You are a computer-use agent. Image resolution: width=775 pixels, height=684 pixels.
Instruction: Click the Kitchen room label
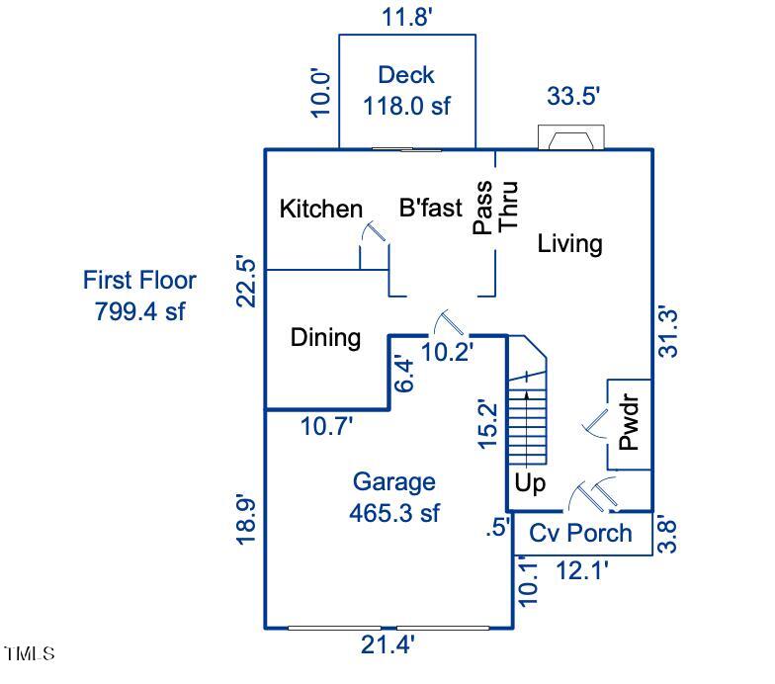point(321,209)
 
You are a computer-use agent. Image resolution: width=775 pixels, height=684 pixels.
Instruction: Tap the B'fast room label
point(430,209)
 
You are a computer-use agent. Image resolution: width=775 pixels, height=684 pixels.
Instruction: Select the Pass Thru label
point(495,207)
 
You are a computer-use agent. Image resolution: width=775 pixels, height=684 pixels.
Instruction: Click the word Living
point(569,243)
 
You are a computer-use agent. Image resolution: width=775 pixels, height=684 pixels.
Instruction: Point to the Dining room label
point(325,338)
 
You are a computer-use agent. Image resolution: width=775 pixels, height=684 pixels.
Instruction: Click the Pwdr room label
point(630,423)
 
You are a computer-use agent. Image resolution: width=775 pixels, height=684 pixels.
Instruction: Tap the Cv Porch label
point(580,533)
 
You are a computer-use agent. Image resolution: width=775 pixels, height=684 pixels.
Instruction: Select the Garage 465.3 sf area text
point(394,497)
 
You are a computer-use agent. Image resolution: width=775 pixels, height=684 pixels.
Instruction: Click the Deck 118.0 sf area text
point(406,90)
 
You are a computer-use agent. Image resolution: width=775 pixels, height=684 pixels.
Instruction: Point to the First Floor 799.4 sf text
point(139,296)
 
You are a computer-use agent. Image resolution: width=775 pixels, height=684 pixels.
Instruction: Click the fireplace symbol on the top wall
point(569,138)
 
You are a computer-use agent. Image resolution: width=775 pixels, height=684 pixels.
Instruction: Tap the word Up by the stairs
point(530,484)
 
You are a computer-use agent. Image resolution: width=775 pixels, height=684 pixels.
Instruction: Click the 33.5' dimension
point(573,96)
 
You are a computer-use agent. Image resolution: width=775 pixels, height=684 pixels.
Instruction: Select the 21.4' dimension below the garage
point(387,645)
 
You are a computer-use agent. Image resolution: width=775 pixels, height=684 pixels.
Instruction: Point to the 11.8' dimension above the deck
point(408,16)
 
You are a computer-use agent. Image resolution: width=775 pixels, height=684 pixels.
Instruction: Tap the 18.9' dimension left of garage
point(247,517)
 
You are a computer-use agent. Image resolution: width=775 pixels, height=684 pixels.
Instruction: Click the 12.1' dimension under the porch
point(581,570)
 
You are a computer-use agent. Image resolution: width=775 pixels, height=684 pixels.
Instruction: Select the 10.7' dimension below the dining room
point(327,426)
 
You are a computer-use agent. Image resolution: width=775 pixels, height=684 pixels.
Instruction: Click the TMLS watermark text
point(30,653)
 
